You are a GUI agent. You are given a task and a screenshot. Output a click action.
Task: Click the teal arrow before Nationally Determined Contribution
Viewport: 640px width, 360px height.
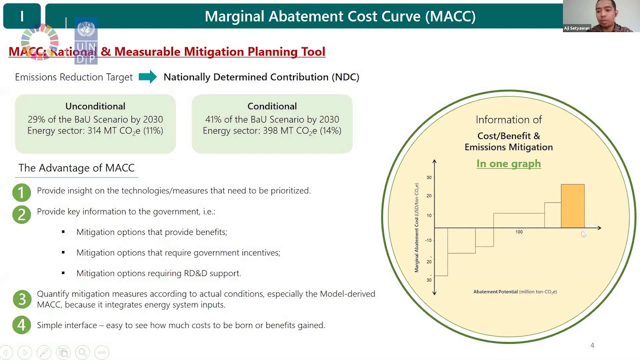click(x=147, y=77)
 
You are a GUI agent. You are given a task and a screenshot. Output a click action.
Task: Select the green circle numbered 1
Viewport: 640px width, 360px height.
click(x=21, y=192)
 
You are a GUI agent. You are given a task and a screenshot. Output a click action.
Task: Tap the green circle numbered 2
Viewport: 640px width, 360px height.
click(x=21, y=214)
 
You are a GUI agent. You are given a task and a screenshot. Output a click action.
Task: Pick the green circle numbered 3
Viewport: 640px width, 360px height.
click(x=21, y=299)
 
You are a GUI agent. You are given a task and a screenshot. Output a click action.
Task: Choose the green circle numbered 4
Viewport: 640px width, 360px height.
click(x=21, y=325)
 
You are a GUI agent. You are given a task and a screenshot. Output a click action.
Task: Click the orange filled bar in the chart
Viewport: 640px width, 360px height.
click(x=572, y=206)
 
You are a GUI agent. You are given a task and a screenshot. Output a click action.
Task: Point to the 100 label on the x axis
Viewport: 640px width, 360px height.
click(x=519, y=232)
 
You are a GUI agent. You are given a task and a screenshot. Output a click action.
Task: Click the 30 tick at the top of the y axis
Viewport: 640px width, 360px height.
click(x=429, y=177)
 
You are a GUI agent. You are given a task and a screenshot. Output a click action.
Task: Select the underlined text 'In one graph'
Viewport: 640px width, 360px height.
click(x=508, y=163)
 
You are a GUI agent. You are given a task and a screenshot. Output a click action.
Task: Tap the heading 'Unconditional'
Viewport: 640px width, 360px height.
click(x=95, y=106)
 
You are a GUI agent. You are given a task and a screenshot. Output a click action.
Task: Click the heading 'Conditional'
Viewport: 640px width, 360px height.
click(x=272, y=106)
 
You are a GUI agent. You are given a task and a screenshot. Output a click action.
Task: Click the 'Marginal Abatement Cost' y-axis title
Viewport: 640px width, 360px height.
click(x=416, y=227)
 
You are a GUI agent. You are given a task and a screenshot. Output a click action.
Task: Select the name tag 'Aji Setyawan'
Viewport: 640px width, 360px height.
click(x=576, y=28)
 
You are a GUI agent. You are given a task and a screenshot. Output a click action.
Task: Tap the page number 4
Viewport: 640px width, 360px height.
click(x=592, y=345)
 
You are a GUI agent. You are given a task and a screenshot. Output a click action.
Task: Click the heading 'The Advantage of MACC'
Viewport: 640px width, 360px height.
click(x=76, y=168)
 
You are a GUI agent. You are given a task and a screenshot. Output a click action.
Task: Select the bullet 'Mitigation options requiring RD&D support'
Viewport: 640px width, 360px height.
click(x=158, y=273)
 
